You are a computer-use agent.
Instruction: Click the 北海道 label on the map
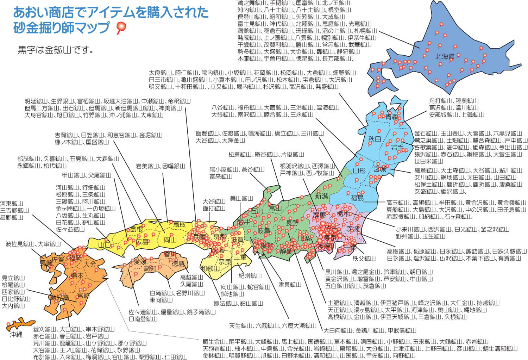(445, 56)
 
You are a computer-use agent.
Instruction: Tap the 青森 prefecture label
(391, 117)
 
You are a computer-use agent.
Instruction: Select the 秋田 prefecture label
(375, 139)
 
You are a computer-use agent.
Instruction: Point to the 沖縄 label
(16, 334)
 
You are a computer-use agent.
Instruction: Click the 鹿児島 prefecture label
(59, 298)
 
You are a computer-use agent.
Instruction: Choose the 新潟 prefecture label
(321, 196)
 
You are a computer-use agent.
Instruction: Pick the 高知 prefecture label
(150, 269)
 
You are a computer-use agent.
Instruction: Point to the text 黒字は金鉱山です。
(56, 50)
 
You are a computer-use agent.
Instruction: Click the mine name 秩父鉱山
(364, 259)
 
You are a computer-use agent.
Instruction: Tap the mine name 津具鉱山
(290, 284)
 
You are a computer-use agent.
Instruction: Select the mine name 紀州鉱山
(250, 276)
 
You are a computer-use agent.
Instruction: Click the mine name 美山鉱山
(241, 198)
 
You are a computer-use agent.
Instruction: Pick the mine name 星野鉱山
(12, 217)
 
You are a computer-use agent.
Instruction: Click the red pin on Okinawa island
(8, 324)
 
